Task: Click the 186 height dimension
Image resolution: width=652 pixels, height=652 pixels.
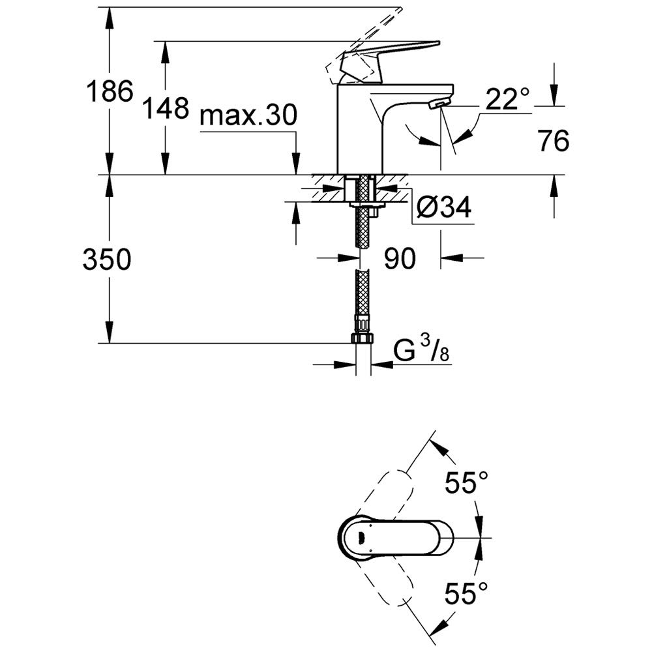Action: [109, 91]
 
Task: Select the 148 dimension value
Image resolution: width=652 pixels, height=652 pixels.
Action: [166, 108]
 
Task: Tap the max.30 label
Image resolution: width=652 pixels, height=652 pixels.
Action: [248, 117]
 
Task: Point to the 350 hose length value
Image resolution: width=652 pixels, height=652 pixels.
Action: [107, 260]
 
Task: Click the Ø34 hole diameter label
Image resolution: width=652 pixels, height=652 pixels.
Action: [443, 208]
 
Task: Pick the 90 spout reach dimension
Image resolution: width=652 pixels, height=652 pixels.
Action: [399, 259]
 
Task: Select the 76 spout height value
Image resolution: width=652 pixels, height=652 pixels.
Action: [554, 140]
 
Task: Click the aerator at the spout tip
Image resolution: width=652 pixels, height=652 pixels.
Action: [440, 104]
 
